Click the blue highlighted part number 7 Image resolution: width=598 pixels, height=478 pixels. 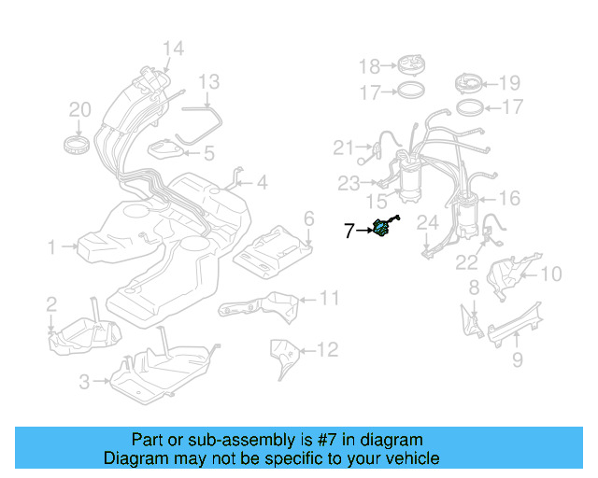click(x=383, y=228)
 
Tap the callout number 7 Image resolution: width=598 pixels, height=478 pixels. click(x=349, y=231)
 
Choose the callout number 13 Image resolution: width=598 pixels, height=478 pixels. click(x=208, y=81)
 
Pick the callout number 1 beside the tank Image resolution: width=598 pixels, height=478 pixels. click(x=53, y=247)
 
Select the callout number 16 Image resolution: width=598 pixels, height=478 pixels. click(x=509, y=198)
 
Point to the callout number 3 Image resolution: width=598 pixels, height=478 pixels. click(x=84, y=381)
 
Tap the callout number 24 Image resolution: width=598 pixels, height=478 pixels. click(x=427, y=223)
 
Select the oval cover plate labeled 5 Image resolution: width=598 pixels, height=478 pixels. click(x=171, y=149)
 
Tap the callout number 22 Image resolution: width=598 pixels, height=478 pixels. click(x=466, y=263)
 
